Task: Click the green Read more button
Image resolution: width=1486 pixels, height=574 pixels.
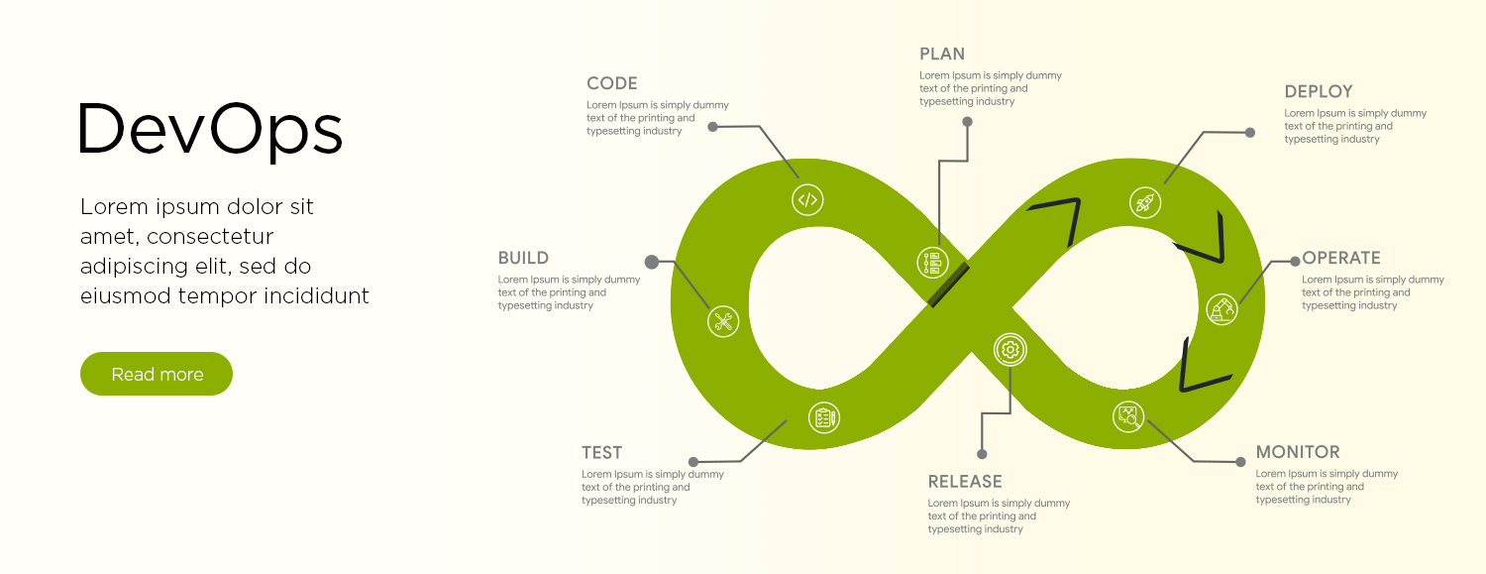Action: tap(157, 374)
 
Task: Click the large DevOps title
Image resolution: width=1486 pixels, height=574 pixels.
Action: tap(211, 130)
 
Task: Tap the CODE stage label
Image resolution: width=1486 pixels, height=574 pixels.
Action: tap(612, 83)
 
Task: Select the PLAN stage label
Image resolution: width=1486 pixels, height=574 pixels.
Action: tap(942, 54)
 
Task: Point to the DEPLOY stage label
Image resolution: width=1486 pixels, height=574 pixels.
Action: tap(1319, 91)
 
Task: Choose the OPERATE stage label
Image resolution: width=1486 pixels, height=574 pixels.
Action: tap(1341, 258)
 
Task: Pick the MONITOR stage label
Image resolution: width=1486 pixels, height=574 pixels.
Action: tap(1298, 452)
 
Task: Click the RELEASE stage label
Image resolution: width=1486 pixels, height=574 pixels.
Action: tap(965, 482)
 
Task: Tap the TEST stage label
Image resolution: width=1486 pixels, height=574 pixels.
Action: tap(602, 453)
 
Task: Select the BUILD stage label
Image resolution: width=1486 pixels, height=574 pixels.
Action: tap(523, 258)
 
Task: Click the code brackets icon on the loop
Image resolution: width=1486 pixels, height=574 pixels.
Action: tap(807, 199)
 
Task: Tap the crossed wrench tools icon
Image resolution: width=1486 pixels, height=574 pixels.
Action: tap(723, 320)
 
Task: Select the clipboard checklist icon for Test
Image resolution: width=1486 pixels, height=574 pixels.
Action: tap(823, 417)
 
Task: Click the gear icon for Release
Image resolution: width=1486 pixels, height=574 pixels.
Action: tap(1010, 349)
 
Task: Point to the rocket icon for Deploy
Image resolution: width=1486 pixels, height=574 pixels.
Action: tap(1145, 202)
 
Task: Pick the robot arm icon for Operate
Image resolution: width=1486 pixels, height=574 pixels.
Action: tap(1221, 308)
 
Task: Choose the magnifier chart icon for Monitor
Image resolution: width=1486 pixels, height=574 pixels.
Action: tap(1129, 416)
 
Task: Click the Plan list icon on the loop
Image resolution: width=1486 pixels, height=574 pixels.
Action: tap(932, 262)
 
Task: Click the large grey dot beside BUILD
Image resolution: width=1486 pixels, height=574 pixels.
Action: tap(652, 262)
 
